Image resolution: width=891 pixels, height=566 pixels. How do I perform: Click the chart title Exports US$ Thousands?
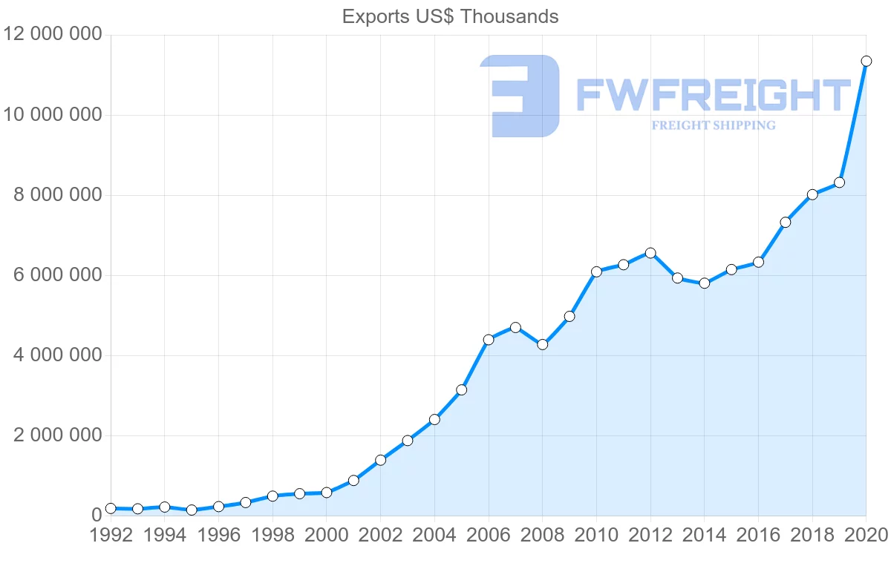tap(450, 16)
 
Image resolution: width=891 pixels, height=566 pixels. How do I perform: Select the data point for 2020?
tap(866, 61)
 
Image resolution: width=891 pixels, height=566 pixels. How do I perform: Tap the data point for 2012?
tap(650, 253)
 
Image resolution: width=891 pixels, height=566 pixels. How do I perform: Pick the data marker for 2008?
tap(542, 344)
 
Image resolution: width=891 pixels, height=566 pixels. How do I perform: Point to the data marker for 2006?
tap(489, 340)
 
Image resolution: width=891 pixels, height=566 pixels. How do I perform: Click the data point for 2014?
tap(705, 283)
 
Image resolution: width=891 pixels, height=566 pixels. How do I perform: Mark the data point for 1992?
tap(111, 508)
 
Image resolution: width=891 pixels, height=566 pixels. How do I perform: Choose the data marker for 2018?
tap(812, 194)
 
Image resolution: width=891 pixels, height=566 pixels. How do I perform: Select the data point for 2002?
tap(380, 460)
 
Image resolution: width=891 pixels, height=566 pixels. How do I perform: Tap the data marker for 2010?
tap(596, 272)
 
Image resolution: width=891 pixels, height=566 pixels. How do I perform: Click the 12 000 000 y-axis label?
tap(52, 35)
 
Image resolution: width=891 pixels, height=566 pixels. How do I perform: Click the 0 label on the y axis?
tap(96, 516)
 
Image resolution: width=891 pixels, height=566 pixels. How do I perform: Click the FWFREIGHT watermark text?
tap(713, 96)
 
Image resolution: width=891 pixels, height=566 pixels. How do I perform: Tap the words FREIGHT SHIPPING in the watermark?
tap(713, 125)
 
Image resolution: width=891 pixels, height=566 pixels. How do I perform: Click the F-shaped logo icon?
tap(520, 96)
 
